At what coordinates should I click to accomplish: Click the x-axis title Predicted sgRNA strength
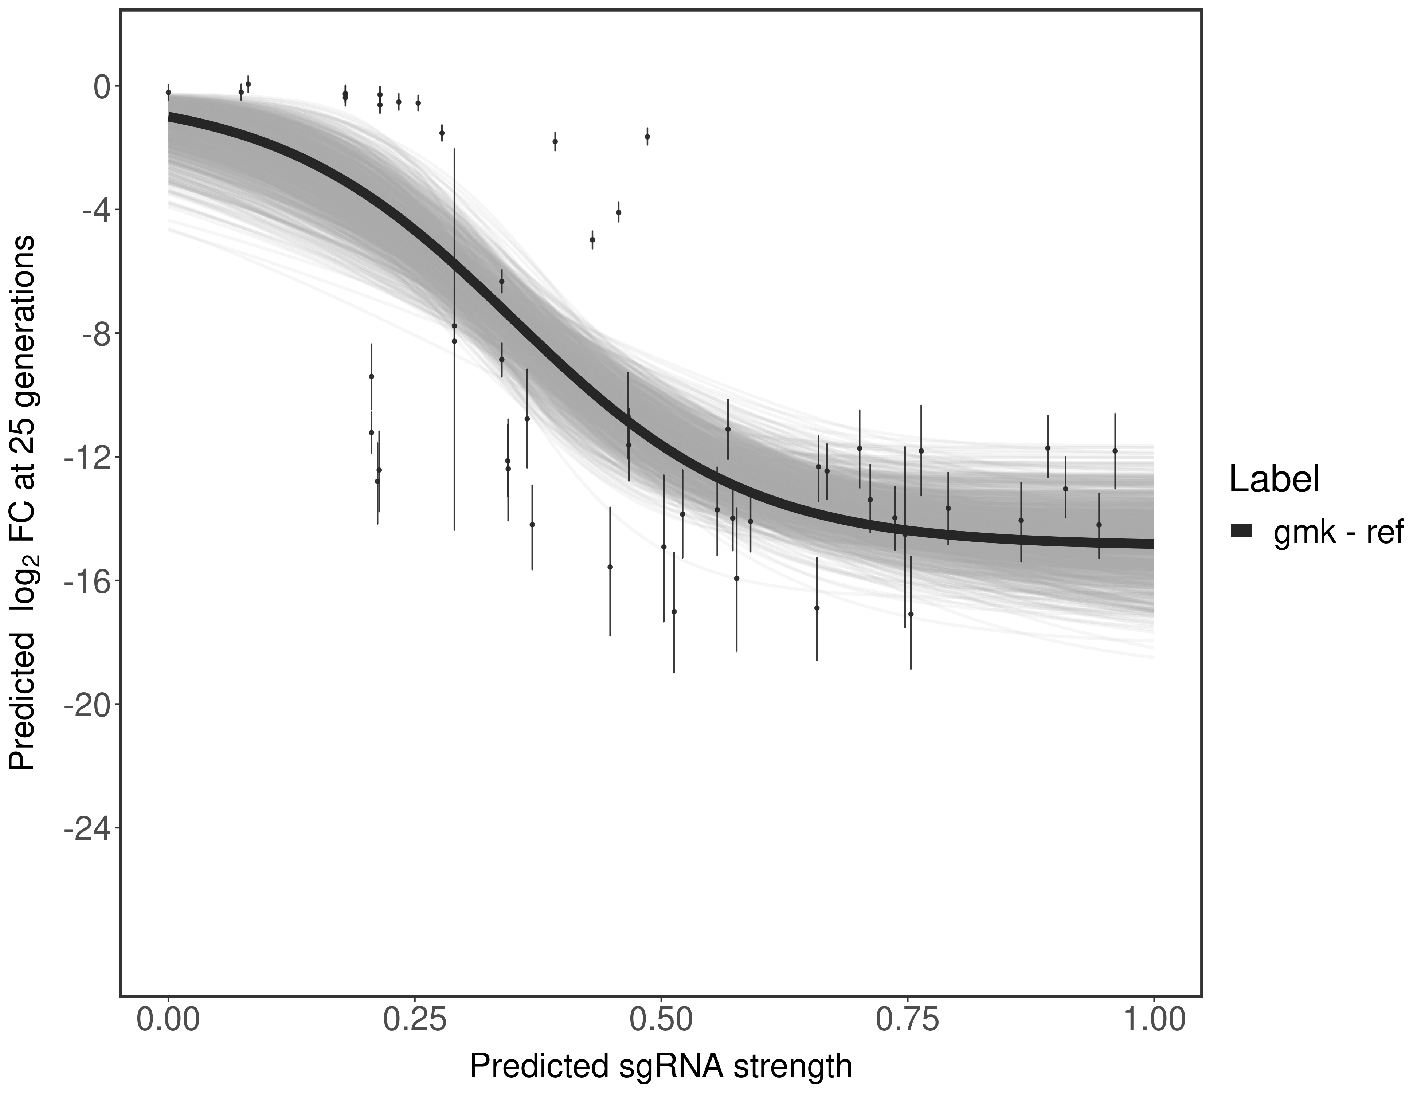coord(660,1067)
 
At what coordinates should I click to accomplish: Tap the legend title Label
coord(1274,479)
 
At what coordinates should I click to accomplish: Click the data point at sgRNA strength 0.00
coord(168,93)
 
